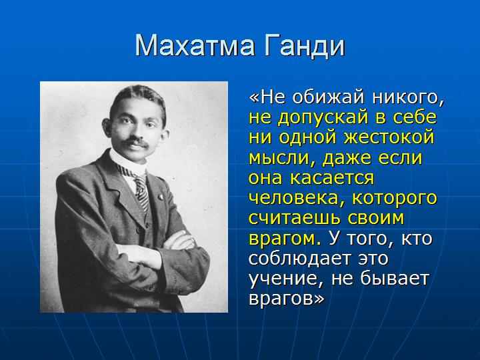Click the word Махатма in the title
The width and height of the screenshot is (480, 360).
point(195,46)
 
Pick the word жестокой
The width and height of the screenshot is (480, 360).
point(389,137)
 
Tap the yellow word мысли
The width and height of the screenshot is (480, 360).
point(281,158)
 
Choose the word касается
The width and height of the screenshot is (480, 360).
point(332,178)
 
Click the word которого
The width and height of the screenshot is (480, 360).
point(395,199)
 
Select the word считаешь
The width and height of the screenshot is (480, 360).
point(295,219)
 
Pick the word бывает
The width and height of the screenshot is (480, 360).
point(394,278)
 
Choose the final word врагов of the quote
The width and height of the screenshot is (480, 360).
point(286,299)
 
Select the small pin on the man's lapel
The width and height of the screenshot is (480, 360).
point(160,197)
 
